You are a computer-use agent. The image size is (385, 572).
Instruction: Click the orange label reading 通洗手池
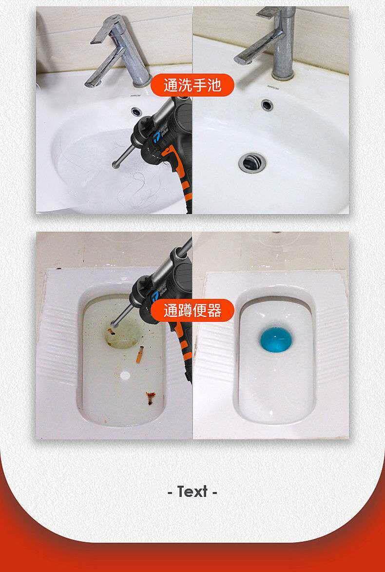[192, 85]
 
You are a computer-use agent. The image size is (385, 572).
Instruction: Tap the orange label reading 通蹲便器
[192, 311]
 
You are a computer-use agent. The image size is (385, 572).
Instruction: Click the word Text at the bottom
[192, 492]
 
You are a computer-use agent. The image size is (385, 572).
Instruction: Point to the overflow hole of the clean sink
[267, 104]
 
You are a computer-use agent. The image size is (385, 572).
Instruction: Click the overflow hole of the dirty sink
[137, 109]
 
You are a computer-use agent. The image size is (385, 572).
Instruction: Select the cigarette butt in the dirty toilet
[140, 355]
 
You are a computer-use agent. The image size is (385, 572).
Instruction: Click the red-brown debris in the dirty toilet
[150, 397]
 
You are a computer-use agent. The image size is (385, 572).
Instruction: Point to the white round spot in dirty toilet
[125, 375]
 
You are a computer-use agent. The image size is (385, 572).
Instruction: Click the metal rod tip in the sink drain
[115, 164]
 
